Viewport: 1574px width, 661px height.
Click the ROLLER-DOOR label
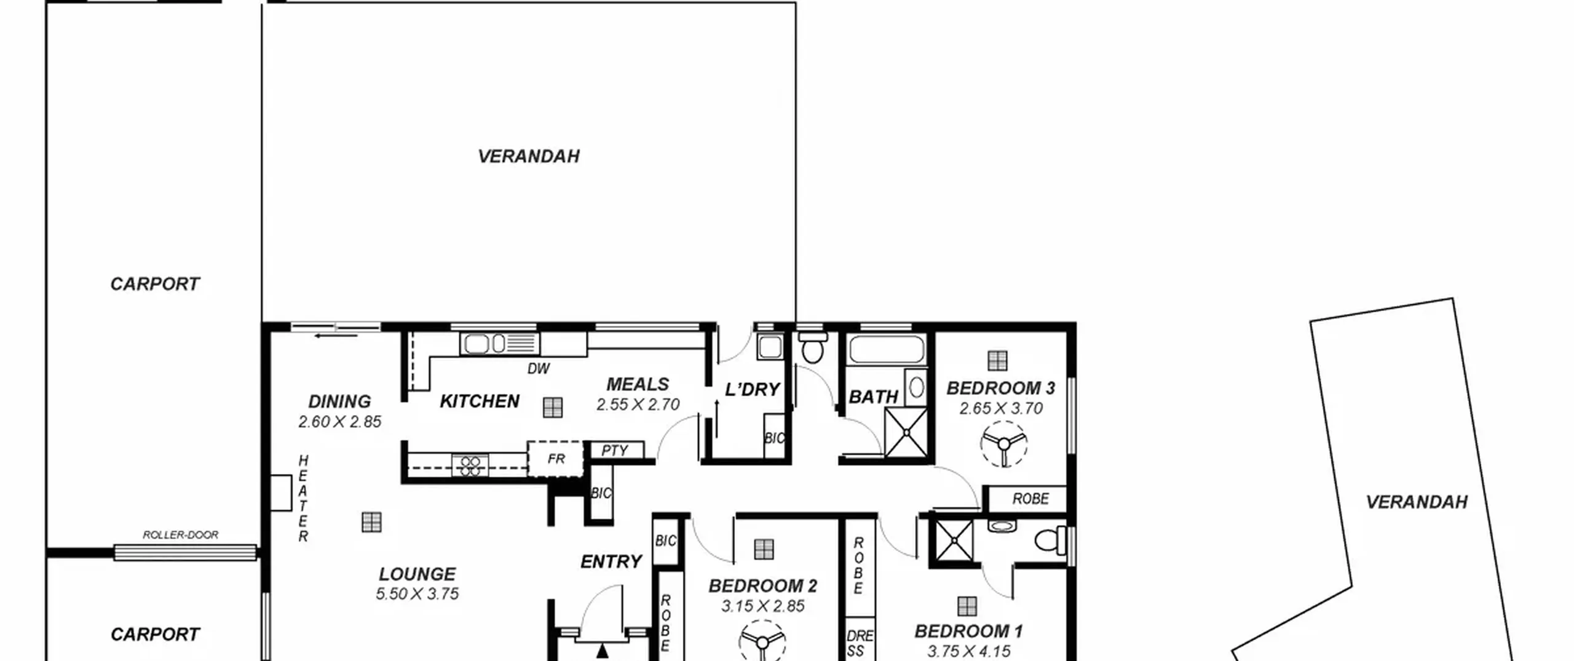[x=180, y=535]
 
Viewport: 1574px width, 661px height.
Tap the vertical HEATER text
[x=303, y=499]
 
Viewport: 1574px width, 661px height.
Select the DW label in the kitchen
[x=539, y=368]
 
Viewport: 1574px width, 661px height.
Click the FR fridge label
[x=556, y=459]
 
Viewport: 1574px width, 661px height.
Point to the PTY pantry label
[x=614, y=451]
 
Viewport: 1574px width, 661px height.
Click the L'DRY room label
[x=752, y=389]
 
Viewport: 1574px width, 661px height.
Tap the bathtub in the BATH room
[x=887, y=349]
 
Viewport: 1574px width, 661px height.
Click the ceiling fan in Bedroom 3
[x=1003, y=444]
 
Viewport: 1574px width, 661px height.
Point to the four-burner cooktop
[x=470, y=465]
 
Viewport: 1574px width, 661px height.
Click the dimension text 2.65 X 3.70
[x=1001, y=408]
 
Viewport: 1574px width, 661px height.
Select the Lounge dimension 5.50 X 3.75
[x=417, y=594]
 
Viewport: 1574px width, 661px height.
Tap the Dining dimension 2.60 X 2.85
[x=340, y=422]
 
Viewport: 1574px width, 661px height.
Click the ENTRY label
[x=611, y=561]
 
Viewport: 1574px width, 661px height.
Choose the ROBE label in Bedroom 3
[x=1030, y=499]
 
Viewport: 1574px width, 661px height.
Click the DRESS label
[x=860, y=643]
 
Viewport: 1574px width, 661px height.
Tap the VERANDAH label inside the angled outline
[x=1417, y=502]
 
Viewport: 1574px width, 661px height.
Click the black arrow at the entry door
[x=602, y=651]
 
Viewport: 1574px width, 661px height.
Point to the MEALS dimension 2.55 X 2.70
[x=638, y=405]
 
